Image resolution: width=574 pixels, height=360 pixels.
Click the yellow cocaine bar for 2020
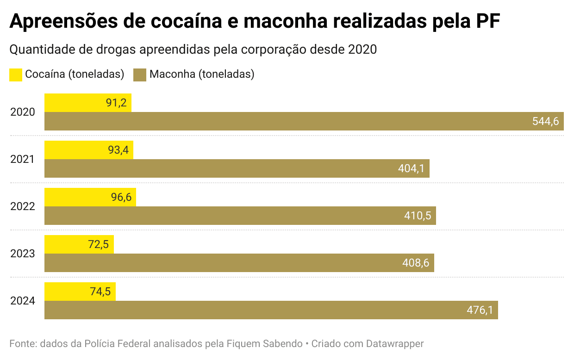[88, 103]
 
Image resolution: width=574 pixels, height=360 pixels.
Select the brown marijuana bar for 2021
[237, 168]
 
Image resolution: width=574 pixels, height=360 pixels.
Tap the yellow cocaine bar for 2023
[79, 244]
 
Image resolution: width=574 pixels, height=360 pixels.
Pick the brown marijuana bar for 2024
[271, 310]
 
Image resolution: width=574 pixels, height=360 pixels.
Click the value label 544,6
[546, 121]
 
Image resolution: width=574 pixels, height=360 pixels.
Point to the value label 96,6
[121, 197]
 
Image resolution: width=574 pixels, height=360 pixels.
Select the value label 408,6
[416, 263]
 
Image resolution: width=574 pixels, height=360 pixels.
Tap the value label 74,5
[100, 292]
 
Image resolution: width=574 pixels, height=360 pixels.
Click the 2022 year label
[23, 206]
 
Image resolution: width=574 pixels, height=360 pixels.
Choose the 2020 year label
[23, 112]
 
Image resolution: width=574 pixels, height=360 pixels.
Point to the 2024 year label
[23, 301]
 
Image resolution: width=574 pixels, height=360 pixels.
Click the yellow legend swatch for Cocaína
[16, 75]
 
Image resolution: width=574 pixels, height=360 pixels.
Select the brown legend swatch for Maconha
[140, 75]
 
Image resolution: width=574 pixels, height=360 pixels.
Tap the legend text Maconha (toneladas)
[202, 74]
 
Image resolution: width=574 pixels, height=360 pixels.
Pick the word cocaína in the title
[186, 21]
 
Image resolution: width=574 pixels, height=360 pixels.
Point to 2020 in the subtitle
[362, 50]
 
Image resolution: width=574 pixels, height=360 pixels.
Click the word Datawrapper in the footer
[395, 344]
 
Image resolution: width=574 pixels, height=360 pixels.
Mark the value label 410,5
[418, 216]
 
